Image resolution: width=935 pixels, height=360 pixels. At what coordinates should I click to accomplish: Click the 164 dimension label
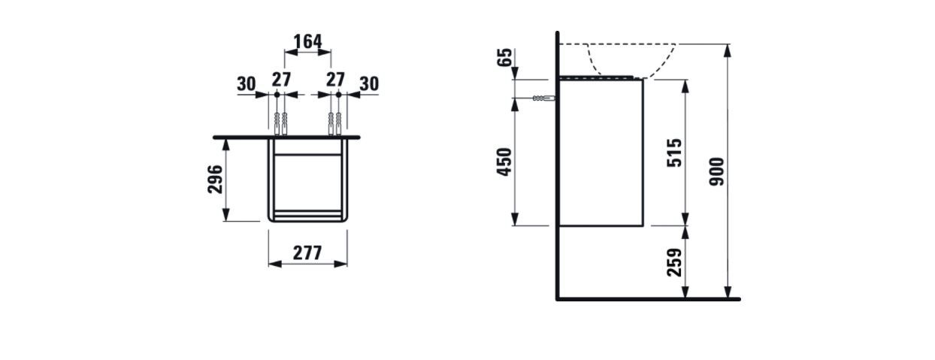(307, 41)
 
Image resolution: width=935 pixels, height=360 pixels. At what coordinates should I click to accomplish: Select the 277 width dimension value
(307, 253)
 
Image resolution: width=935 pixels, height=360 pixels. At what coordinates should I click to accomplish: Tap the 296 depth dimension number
(216, 180)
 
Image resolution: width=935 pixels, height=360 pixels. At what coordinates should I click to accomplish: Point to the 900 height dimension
(717, 171)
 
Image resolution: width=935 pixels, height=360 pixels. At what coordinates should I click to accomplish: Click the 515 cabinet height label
(674, 153)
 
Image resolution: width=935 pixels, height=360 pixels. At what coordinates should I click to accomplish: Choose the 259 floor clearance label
(674, 262)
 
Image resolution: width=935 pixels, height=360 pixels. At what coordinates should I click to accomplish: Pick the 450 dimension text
(504, 162)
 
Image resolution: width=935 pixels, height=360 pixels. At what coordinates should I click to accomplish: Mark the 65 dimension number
(504, 57)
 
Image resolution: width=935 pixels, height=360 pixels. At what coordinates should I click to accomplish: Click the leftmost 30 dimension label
(247, 84)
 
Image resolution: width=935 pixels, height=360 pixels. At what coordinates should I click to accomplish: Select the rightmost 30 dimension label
(369, 84)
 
